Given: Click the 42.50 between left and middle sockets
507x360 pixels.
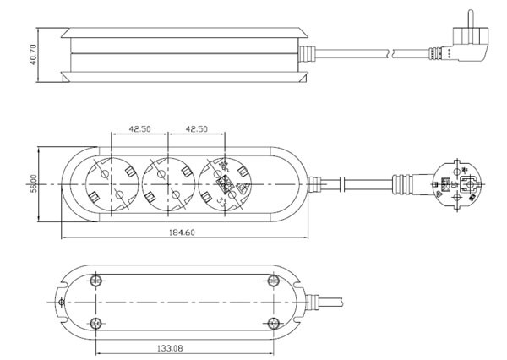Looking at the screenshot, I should point(139,129).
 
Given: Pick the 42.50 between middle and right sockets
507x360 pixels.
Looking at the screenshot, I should point(196,129).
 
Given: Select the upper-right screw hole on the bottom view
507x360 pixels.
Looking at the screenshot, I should point(272,280).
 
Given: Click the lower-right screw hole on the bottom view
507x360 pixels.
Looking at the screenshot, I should point(272,321).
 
